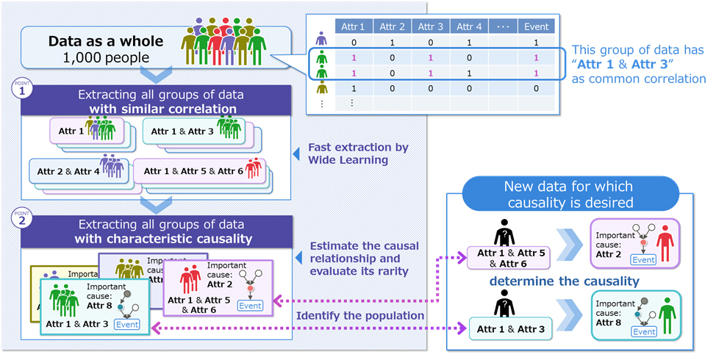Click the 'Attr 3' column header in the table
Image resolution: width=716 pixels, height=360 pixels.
coord(431,27)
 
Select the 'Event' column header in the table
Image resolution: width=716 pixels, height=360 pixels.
coord(536,27)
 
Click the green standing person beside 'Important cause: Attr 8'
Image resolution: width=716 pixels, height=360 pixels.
coord(667,314)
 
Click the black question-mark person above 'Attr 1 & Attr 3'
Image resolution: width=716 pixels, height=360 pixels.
coord(506,303)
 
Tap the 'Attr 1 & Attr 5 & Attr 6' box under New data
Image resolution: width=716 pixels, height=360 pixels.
coord(510,257)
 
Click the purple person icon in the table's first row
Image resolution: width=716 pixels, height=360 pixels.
coord(321,40)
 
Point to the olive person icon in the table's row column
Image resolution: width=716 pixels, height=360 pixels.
coord(321,88)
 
